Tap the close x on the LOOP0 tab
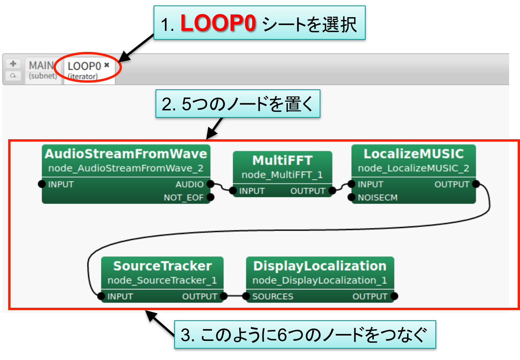106,65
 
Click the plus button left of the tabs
13,64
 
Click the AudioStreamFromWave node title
126,154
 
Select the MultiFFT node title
282,160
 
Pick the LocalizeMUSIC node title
414,154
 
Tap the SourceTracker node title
162,266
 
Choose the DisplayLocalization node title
320,266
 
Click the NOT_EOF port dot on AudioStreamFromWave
210,197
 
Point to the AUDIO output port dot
210,184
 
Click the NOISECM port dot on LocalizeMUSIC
352,197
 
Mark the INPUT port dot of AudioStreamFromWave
42,184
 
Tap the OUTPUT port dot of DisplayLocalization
394,296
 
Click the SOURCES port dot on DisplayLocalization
246,296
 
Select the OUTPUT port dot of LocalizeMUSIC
476,184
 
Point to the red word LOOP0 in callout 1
218,24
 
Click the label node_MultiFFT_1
282,175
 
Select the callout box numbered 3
304,335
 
